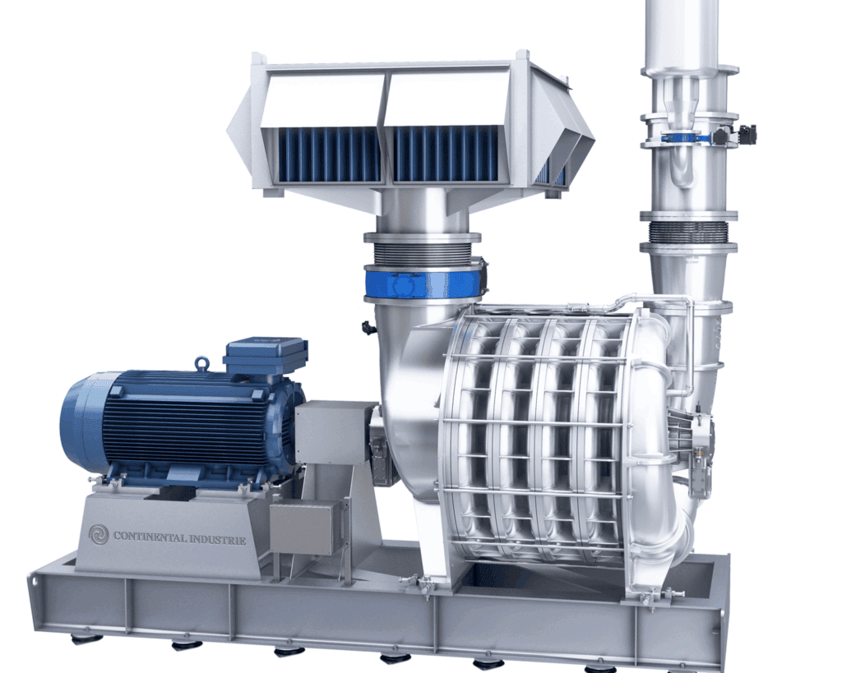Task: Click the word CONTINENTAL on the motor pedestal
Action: (150, 536)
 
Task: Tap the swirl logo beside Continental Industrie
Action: (99, 534)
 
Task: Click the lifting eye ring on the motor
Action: (202, 363)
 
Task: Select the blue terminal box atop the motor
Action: (266, 355)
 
